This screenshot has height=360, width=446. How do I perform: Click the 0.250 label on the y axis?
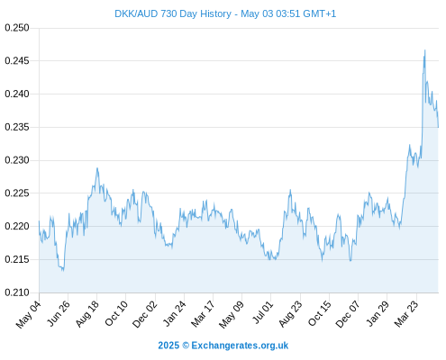(x=17, y=28)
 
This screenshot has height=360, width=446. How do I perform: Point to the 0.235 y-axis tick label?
(x=17, y=127)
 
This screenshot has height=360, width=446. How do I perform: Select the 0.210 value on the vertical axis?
(x=17, y=292)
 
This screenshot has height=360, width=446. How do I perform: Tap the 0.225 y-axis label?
(x=17, y=193)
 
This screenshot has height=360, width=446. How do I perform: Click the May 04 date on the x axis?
(x=28, y=314)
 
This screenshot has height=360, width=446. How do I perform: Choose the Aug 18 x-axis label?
(x=86, y=314)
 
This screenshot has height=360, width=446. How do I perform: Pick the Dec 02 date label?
(x=145, y=314)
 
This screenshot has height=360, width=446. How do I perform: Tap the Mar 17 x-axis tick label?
(x=203, y=314)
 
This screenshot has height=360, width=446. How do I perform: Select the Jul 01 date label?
(x=263, y=312)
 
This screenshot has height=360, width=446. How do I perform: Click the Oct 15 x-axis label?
(x=320, y=313)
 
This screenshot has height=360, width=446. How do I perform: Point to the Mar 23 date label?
(x=406, y=314)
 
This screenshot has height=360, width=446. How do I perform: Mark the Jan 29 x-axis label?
(x=378, y=313)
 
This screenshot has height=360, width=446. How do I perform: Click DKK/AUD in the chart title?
(x=136, y=13)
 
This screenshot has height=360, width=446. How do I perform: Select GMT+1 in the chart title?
(x=320, y=13)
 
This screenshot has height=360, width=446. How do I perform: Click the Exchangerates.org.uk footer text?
(x=240, y=346)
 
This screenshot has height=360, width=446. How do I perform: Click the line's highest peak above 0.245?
(x=424, y=50)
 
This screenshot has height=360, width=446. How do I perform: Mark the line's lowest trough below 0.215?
(x=63, y=271)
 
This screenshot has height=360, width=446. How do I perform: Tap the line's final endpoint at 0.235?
(x=438, y=127)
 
